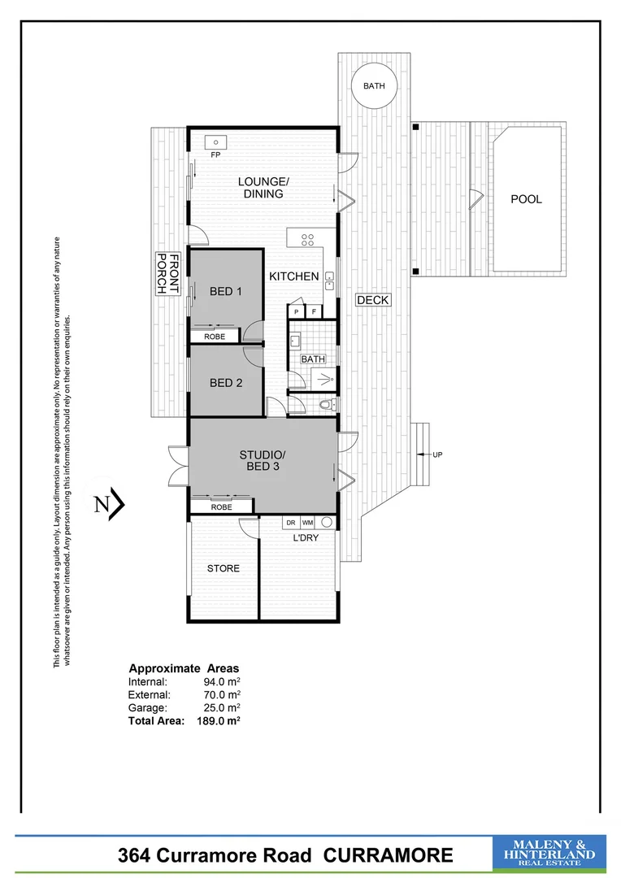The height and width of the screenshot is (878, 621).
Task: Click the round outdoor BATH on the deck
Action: coord(374,85)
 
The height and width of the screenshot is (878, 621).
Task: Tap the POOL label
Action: coord(525,199)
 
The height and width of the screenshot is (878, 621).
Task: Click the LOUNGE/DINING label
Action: coord(263,187)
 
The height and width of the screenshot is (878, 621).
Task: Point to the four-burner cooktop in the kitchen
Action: coord(309,240)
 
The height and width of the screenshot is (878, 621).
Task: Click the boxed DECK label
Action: coord(373,300)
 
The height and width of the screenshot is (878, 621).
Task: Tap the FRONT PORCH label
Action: coord(167,275)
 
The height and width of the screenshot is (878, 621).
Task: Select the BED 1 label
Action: coord(226,292)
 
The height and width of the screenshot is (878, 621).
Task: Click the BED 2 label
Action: coord(226,383)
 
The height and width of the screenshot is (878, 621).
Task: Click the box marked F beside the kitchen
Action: coord(314,311)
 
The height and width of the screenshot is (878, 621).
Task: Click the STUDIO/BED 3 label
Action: coord(262,460)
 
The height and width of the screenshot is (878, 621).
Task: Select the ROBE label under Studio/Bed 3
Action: coord(221,507)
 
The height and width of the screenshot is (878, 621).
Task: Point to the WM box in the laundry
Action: coord(307,523)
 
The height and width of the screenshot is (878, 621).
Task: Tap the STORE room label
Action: coord(223,568)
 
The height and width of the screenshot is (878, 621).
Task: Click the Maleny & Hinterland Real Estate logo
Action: coord(549,854)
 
